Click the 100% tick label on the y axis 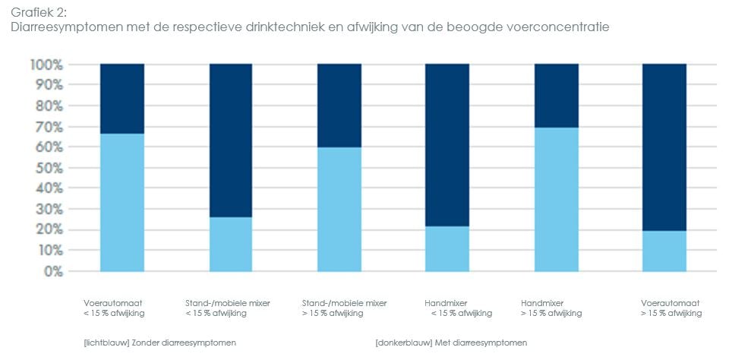pos(47,65)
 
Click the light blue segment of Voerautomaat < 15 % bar pos(122,202)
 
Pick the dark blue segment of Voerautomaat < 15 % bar pos(122,99)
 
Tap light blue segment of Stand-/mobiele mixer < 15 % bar pos(231,244)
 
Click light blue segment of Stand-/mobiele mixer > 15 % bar pos(339,209)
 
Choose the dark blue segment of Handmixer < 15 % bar pos(447,145)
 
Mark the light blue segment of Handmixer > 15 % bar pos(556,199)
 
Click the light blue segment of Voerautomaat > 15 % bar pos(664,251)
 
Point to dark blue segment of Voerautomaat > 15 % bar pos(664,147)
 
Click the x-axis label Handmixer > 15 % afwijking pos(551,308)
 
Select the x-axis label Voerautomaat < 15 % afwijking pos(115,308)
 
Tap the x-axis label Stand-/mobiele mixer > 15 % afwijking pos(344,308)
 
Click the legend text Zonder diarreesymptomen pos(160,343)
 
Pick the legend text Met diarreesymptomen pos(451,343)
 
